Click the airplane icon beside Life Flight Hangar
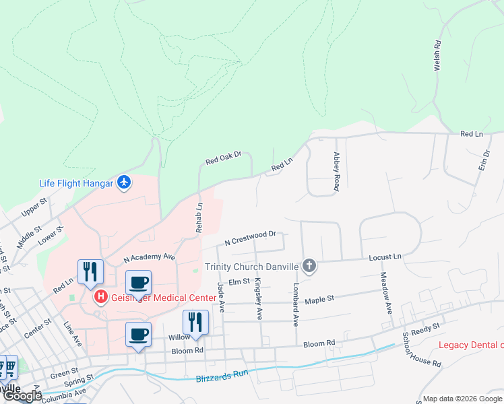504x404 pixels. coord(123,182)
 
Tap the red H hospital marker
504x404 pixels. coord(101,296)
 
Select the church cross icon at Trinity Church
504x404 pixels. coord(309,266)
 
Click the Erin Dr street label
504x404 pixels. coord(484,156)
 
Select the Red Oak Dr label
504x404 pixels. coord(223,159)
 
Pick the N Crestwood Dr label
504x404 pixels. coord(251,237)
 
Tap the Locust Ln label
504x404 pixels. coord(385,257)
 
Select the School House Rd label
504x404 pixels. coord(422,349)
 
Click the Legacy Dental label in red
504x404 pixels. coord(470,345)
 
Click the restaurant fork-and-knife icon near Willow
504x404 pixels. coord(195,321)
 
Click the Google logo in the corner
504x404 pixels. coord(22,396)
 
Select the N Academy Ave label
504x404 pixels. coord(149,257)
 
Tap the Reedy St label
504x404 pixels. coord(426,327)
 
